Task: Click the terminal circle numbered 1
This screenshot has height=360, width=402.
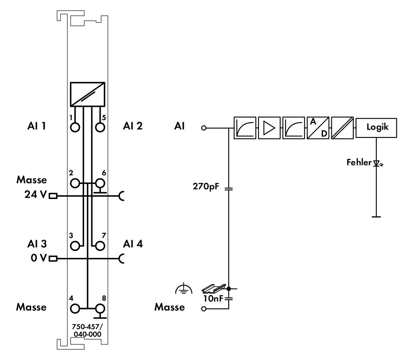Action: coord(75,127)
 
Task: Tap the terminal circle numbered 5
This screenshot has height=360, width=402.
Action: coord(100,127)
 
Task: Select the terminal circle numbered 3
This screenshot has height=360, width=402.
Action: coord(75,246)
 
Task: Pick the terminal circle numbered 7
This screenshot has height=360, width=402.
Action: coord(100,246)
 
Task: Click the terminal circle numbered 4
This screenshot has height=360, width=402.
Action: coord(75,308)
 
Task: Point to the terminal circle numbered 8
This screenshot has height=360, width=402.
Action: coord(100,308)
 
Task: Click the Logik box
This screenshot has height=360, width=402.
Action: coord(376,128)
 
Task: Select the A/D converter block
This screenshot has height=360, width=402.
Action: coord(318,128)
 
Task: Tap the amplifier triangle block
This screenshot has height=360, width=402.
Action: coord(269,128)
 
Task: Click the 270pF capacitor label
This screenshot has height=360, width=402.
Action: coord(206,186)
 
